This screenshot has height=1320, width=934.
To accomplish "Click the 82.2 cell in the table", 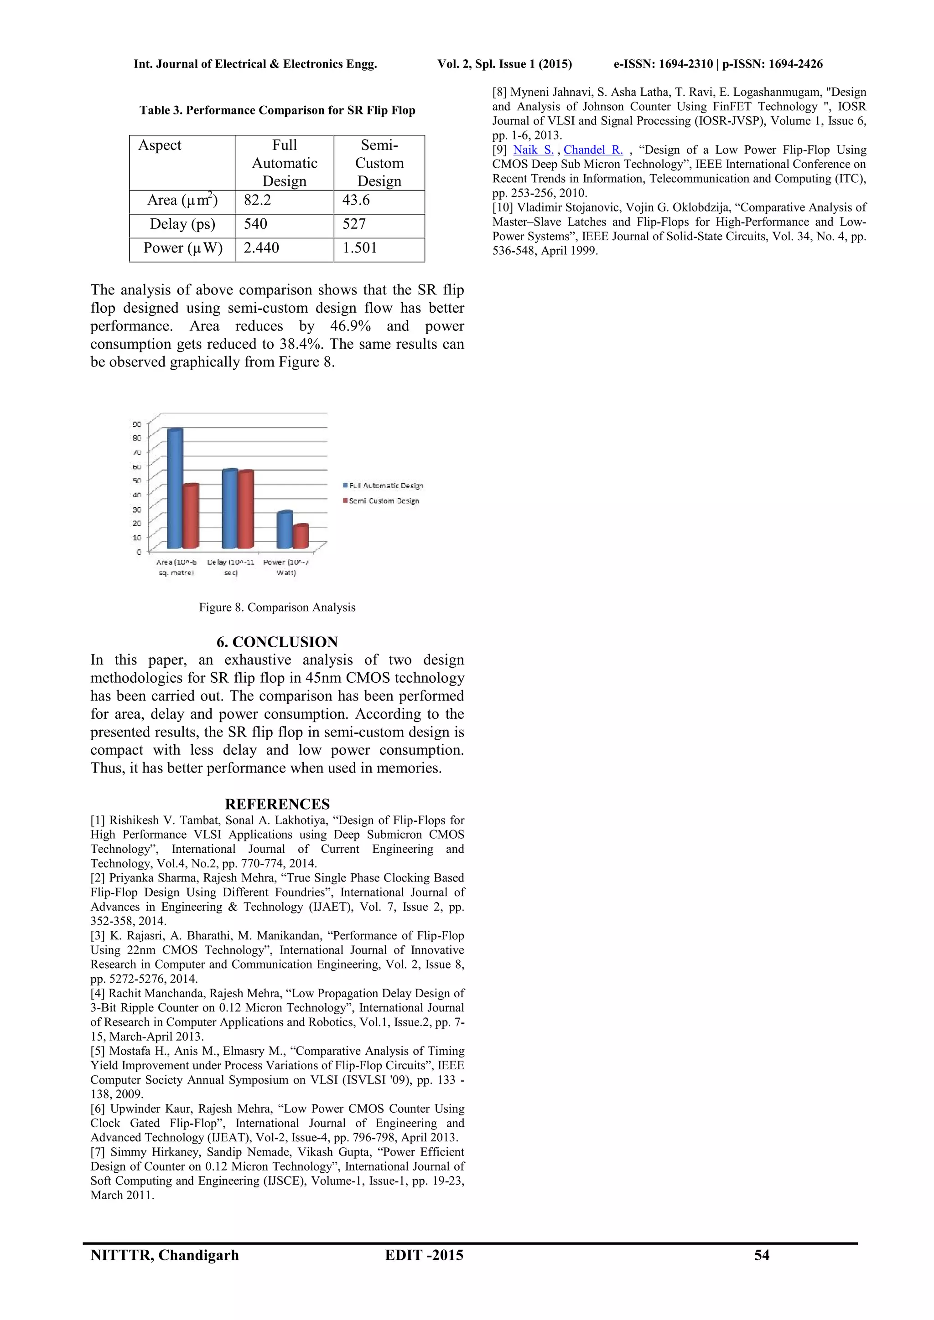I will pos(258,201).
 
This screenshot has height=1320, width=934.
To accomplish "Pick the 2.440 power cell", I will pos(262,248).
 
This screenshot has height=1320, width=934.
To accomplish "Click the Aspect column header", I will pos(160,145).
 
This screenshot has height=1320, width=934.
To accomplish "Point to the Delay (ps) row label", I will pos(182,225).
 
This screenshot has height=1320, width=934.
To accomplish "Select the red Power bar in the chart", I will pos(301,536).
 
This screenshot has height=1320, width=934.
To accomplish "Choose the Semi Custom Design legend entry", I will pos(383,501).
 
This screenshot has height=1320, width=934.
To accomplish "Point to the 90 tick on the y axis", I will pos(137,425).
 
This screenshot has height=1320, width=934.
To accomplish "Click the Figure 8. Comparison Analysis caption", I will pos(277,608).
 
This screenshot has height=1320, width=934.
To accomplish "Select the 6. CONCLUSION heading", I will pos(277,642).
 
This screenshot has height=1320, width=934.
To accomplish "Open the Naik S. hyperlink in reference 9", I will pos(533,150).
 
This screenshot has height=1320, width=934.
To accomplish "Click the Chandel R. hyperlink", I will pos(593,150).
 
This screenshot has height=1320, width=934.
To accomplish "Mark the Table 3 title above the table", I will pos(277,110).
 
